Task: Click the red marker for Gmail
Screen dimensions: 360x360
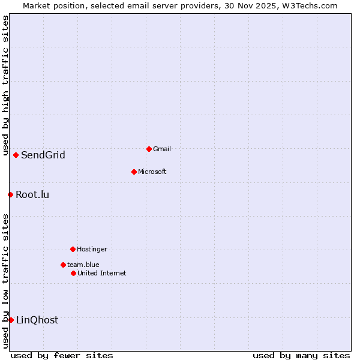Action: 149,149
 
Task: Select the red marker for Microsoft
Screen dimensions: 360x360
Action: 134,172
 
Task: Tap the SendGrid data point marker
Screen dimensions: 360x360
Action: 16,155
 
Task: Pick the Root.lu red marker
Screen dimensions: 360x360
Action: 10,194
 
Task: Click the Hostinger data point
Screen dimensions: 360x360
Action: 73,249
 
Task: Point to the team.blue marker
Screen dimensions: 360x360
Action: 63,265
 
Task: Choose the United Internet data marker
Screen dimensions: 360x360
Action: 73,273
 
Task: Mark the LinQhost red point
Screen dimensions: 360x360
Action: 11,320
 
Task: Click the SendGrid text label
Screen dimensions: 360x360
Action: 43,155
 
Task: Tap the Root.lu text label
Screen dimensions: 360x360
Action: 32,195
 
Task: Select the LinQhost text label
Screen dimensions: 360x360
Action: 37,320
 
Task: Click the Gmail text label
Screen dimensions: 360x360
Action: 162,149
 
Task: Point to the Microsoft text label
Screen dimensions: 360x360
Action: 152,172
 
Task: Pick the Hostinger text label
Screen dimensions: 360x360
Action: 92,249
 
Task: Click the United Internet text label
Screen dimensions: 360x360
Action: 101,273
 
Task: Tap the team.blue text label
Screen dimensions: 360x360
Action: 83,265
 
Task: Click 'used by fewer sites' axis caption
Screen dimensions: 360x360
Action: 62,355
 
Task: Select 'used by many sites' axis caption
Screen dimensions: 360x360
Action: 301,355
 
